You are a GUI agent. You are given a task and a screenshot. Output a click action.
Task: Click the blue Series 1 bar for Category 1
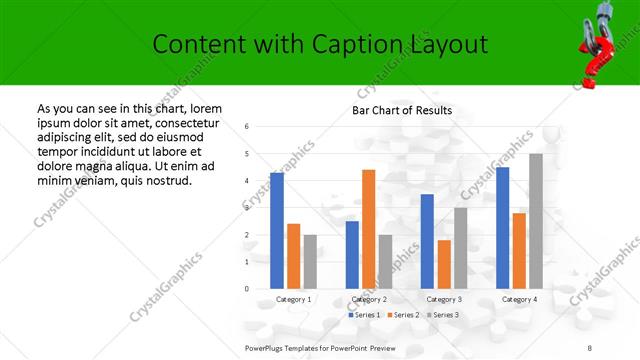coord(277,230)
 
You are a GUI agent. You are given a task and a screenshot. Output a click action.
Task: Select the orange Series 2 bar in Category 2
coord(368,229)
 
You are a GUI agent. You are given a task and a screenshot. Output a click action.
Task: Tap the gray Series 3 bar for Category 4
coord(536,221)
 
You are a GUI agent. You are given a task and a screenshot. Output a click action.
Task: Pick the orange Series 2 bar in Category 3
coord(444,264)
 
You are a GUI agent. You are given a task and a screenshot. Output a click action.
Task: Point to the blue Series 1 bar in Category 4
coord(502,228)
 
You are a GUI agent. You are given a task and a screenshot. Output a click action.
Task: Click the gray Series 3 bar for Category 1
coord(310,262)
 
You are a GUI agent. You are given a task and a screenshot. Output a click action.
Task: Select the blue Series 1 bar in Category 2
coord(352,255)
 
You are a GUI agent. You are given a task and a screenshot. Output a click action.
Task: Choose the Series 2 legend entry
coord(402,315)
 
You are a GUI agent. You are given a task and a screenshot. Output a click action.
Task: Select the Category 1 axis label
coord(294,299)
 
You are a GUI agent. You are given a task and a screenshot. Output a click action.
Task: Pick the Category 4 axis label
coord(519,299)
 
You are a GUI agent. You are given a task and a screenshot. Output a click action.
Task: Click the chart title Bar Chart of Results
coord(402,110)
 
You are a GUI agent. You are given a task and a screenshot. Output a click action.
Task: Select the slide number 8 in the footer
coord(590,347)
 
